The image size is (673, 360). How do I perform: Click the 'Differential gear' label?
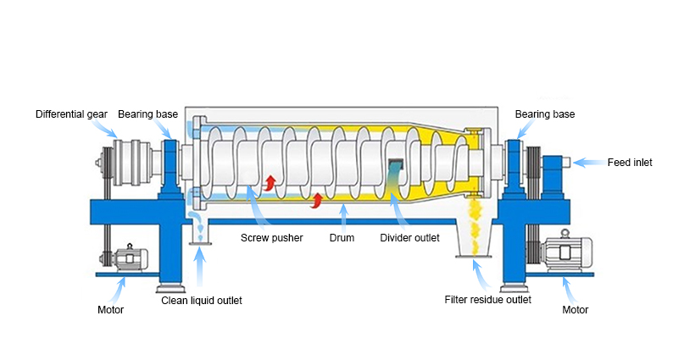coord(71,114)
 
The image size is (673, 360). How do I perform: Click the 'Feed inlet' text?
coord(630,162)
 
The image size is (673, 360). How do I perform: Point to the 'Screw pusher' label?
coord(271,237)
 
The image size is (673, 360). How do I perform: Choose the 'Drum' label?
coord(342,237)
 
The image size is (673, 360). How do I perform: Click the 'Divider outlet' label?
coord(410,237)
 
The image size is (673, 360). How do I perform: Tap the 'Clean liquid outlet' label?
coord(202,301)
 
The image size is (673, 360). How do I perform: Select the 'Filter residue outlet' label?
coord(487,299)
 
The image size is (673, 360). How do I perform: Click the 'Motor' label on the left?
coord(110,309)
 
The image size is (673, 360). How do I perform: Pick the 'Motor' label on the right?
coord(576,309)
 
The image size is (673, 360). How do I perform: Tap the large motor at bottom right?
coord(562,251)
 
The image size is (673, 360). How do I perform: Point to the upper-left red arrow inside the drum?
coord(270,181)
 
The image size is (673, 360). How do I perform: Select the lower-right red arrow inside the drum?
coord(318,200)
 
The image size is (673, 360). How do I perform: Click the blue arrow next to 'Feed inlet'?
coord(587,162)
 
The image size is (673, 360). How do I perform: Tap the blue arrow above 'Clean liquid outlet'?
coord(201,271)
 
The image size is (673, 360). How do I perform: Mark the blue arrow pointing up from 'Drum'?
coord(342,216)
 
